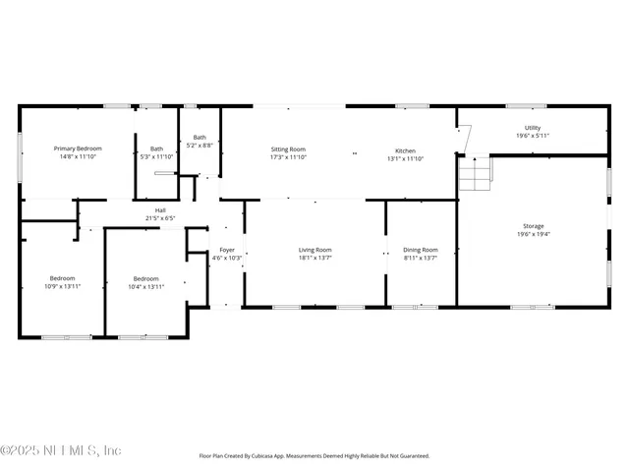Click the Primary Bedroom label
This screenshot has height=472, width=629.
coord(78,148)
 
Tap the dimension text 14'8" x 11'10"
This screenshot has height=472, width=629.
coord(78,156)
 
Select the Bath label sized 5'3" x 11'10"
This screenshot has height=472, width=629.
coord(156,148)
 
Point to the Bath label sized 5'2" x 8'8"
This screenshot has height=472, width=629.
coord(200,138)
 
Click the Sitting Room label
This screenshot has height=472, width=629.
coord(288,148)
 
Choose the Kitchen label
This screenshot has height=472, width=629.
coord(405,150)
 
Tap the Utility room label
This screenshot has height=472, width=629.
coord(532,128)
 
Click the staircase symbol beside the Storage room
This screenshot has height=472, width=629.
coord(475,175)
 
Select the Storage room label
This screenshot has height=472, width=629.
coord(533,226)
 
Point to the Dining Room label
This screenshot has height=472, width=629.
coord(421,250)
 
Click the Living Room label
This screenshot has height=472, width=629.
coord(314,250)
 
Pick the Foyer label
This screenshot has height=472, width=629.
coord(226,250)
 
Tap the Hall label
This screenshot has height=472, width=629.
coord(159,209)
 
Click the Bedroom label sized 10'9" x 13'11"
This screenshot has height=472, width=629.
coord(62,278)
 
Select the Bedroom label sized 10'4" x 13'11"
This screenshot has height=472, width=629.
coord(145,278)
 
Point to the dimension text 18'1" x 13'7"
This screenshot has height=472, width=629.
coord(314,258)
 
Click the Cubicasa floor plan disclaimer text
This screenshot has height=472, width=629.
coord(314,456)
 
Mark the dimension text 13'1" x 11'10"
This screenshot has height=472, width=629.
coord(405,158)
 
